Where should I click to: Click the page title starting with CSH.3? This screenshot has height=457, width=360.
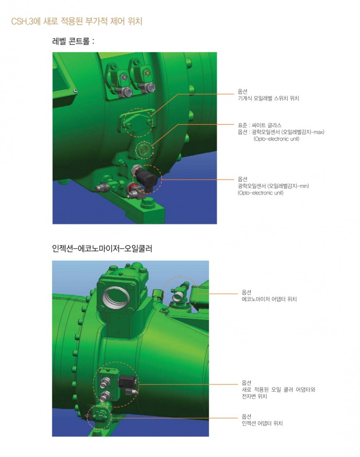(77, 21)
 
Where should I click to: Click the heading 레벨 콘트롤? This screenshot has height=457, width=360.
(73, 41)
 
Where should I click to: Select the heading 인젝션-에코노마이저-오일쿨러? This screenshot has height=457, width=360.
(102, 249)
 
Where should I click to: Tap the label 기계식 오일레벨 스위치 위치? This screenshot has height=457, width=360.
(268, 98)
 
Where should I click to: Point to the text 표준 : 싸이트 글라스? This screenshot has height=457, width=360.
(260, 125)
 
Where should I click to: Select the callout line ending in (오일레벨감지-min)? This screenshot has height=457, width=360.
(198, 180)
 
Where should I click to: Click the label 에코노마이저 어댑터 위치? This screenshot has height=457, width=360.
(269, 299)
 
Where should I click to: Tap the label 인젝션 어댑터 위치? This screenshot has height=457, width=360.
(262, 423)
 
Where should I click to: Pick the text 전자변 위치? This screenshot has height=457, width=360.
(254, 396)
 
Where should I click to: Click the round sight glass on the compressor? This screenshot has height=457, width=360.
(144, 150)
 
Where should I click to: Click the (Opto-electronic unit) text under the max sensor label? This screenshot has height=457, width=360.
(276, 139)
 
